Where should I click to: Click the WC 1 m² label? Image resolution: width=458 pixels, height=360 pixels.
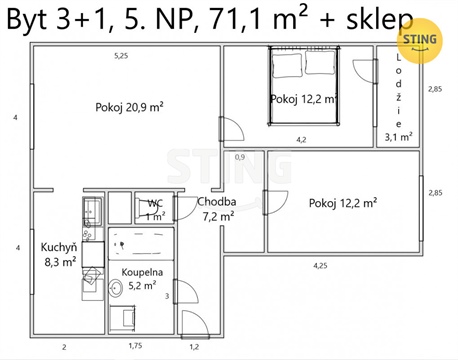(x=155, y=208)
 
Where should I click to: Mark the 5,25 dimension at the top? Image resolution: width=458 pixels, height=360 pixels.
(x=121, y=55)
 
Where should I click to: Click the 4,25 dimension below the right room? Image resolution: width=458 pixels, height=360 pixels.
(x=320, y=265)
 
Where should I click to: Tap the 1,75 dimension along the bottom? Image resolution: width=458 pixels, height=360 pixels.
(x=136, y=346)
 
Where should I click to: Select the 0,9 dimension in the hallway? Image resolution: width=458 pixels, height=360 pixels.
(x=240, y=157)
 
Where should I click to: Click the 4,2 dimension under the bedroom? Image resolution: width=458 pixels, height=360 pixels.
(x=300, y=140)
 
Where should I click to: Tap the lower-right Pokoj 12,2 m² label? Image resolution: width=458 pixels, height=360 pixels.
(x=342, y=203)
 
